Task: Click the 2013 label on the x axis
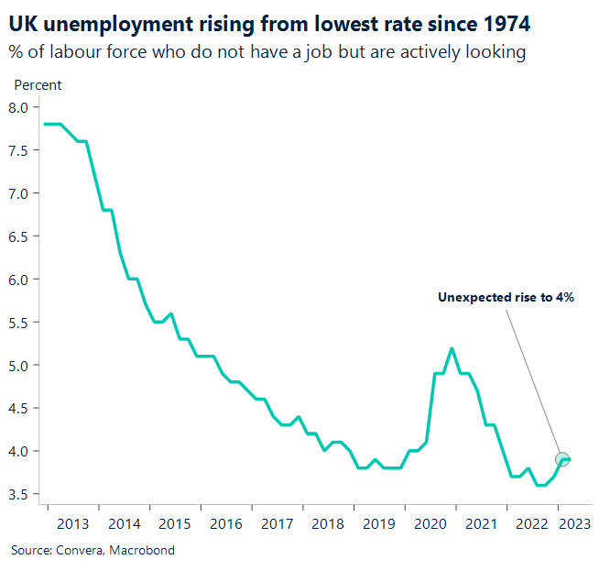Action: (72, 523)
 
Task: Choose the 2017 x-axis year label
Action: (276, 523)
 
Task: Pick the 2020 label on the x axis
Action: (429, 523)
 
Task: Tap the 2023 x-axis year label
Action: (574, 523)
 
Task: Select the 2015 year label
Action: (174, 523)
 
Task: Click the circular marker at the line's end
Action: (562, 459)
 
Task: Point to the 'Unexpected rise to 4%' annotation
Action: (506, 297)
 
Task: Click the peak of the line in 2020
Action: (452, 348)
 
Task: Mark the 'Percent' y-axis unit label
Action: (38, 85)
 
